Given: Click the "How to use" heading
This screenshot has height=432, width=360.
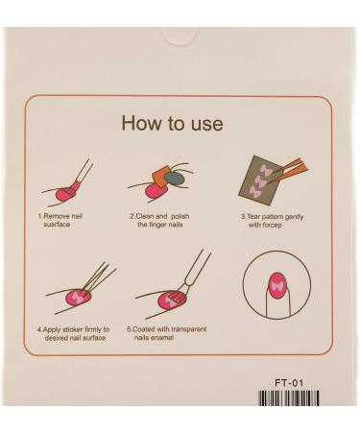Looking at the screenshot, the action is tap(172, 123).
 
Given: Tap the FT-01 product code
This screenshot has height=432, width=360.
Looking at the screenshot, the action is tap(289, 383).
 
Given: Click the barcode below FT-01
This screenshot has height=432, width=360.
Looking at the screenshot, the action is tap(289, 397).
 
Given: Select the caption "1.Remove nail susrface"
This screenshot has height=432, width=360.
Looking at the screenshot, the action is tap(60, 220).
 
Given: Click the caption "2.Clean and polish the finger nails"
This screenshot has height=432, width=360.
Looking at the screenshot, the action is tap(159, 220).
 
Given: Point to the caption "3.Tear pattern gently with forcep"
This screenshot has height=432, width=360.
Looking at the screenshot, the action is tap(272, 221).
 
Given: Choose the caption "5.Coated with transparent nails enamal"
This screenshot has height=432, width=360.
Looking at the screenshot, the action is tap(166, 333).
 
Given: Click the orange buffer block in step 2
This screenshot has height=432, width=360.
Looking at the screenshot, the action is tap(161, 177).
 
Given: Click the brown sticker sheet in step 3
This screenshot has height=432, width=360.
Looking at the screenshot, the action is tap(258, 180).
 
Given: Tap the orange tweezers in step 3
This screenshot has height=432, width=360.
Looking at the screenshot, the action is tap(287, 170).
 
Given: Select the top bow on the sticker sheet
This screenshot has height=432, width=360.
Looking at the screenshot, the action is tap(266, 170).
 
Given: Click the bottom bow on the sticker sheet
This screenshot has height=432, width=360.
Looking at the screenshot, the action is tap(256, 191).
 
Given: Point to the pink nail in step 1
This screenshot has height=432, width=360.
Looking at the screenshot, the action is tap(66, 193).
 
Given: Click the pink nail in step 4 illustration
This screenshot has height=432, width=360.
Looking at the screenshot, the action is tap(79, 298).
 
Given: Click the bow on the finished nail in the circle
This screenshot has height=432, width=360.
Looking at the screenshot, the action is tap(277, 286).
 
